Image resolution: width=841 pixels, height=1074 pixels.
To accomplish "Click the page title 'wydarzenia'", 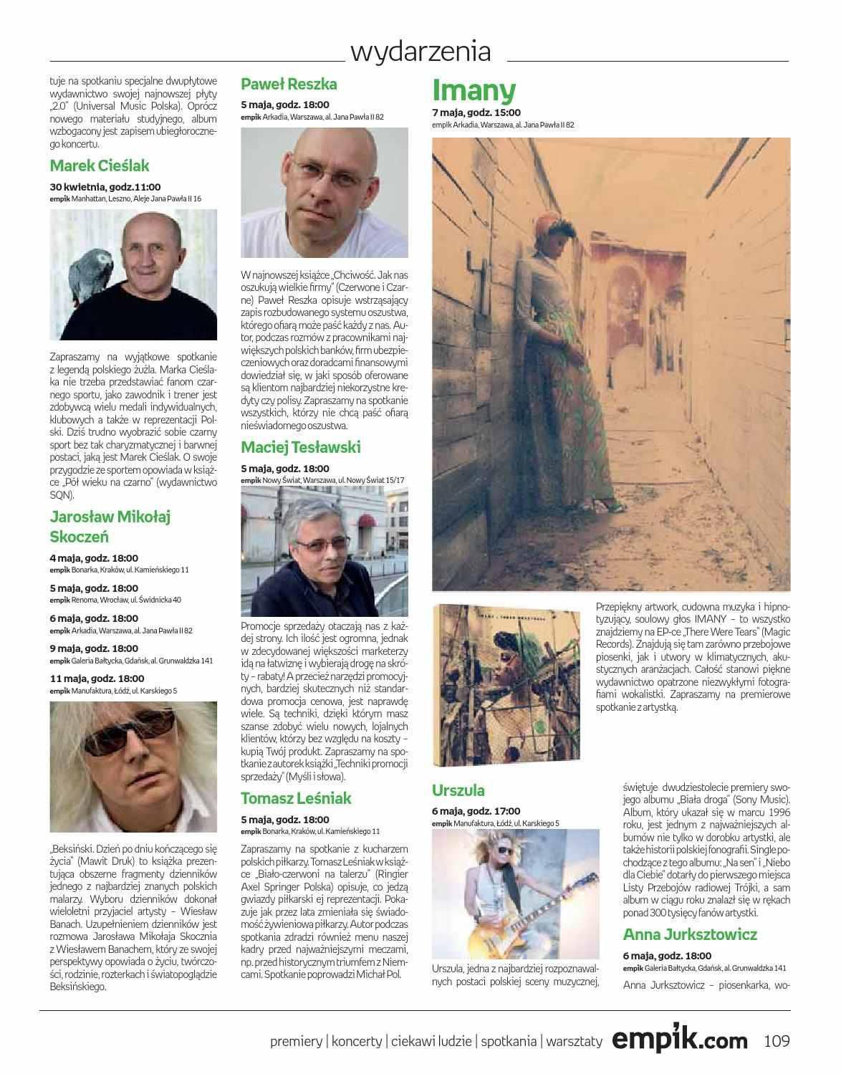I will (x=420, y=52).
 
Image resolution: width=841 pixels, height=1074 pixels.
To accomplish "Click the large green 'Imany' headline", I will (x=474, y=90).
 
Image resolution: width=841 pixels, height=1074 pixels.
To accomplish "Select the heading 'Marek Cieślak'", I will (x=100, y=166).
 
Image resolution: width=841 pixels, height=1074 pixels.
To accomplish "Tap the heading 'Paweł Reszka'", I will (x=289, y=84).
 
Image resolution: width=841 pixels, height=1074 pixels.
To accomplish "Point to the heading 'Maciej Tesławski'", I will (x=301, y=448).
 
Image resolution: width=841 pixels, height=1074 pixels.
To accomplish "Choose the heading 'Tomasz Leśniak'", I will (x=296, y=798).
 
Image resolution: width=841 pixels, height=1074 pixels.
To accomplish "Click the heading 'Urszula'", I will (x=458, y=791).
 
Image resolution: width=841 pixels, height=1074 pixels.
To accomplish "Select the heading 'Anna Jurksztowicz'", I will (x=690, y=934).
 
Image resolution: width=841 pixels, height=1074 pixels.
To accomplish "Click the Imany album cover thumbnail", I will (x=510, y=684).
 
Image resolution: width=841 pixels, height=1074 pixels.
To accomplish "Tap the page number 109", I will (x=777, y=1040).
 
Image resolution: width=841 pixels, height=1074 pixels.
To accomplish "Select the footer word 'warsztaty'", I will (x=574, y=1042).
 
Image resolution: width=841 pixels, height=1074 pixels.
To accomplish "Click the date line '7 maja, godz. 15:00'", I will (x=476, y=112).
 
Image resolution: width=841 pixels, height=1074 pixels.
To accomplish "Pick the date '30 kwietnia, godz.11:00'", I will (x=105, y=186).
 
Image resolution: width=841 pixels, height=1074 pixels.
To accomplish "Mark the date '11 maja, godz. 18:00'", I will (x=97, y=679).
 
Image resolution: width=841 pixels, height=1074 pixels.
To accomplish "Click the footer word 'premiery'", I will (x=297, y=1042).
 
